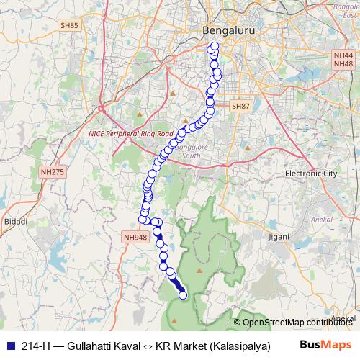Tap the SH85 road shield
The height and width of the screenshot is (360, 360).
(x=69, y=25)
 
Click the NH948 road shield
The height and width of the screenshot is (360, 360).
(x=135, y=236)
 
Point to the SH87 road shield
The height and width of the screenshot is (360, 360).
(x=240, y=106)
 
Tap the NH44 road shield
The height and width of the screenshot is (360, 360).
(x=343, y=55)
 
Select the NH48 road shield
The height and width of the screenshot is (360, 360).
(x=343, y=64)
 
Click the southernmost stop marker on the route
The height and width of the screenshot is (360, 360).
(x=183, y=294)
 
